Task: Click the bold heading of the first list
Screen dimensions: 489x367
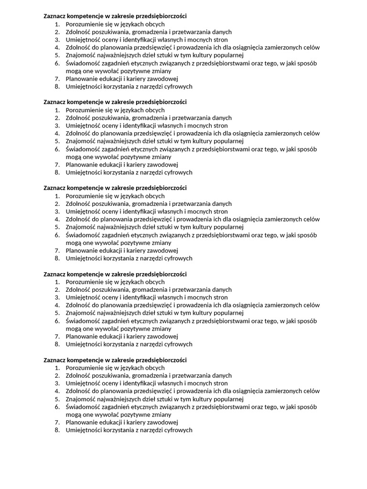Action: (115, 16)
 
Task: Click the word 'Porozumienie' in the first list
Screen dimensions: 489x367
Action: (83, 24)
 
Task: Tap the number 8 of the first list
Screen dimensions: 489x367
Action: (56, 87)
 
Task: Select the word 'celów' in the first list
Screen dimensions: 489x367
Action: (311, 47)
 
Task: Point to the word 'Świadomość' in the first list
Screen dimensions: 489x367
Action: (82, 63)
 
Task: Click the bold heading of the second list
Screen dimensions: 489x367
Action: (115, 102)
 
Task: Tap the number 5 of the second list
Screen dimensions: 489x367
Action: (56, 141)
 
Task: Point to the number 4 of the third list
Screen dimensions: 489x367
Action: (56, 219)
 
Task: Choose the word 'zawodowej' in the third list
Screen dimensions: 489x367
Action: (163, 251)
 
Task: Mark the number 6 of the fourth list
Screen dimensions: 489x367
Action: (56, 321)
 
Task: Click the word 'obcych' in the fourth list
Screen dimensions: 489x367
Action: (155, 282)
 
